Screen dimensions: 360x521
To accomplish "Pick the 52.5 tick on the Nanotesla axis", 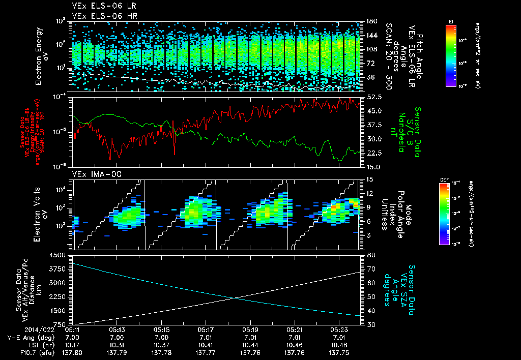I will (x=374, y=97).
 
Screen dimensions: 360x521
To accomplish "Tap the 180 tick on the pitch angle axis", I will (x=371, y=21).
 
